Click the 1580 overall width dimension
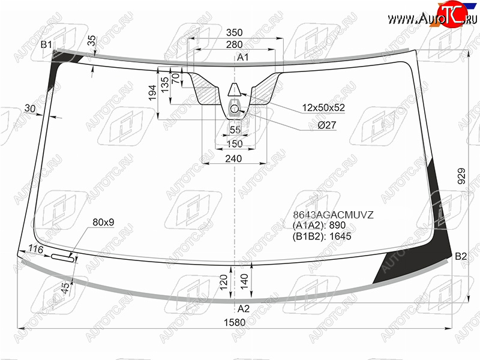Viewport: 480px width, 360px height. (235, 322)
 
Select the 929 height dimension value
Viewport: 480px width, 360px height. (461, 176)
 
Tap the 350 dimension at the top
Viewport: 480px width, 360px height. (234, 32)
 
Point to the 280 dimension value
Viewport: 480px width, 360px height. (234, 44)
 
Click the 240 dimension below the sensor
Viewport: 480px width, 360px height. (233, 158)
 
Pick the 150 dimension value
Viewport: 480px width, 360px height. (235, 143)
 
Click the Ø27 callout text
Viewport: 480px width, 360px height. (326, 125)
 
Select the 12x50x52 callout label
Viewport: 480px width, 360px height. (323, 107)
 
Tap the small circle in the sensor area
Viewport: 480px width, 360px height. (234, 109)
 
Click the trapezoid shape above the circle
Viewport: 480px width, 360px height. (235, 89)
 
